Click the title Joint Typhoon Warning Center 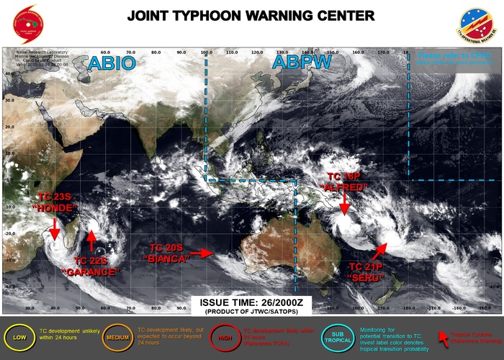tap(251, 15)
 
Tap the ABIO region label tap(111, 63)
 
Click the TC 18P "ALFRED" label tap(347, 181)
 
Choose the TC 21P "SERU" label tap(370, 271)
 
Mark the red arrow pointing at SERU tap(379, 249)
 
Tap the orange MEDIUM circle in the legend tap(115, 337)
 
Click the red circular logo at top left tap(23, 23)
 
